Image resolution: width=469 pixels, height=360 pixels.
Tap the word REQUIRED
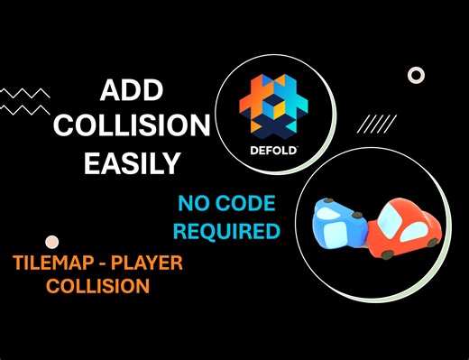pos(226,230)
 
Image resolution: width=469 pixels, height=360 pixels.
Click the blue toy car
pos(336,224)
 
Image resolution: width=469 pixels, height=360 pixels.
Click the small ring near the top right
pos(416,76)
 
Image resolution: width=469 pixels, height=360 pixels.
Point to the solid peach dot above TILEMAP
pos(51,242)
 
